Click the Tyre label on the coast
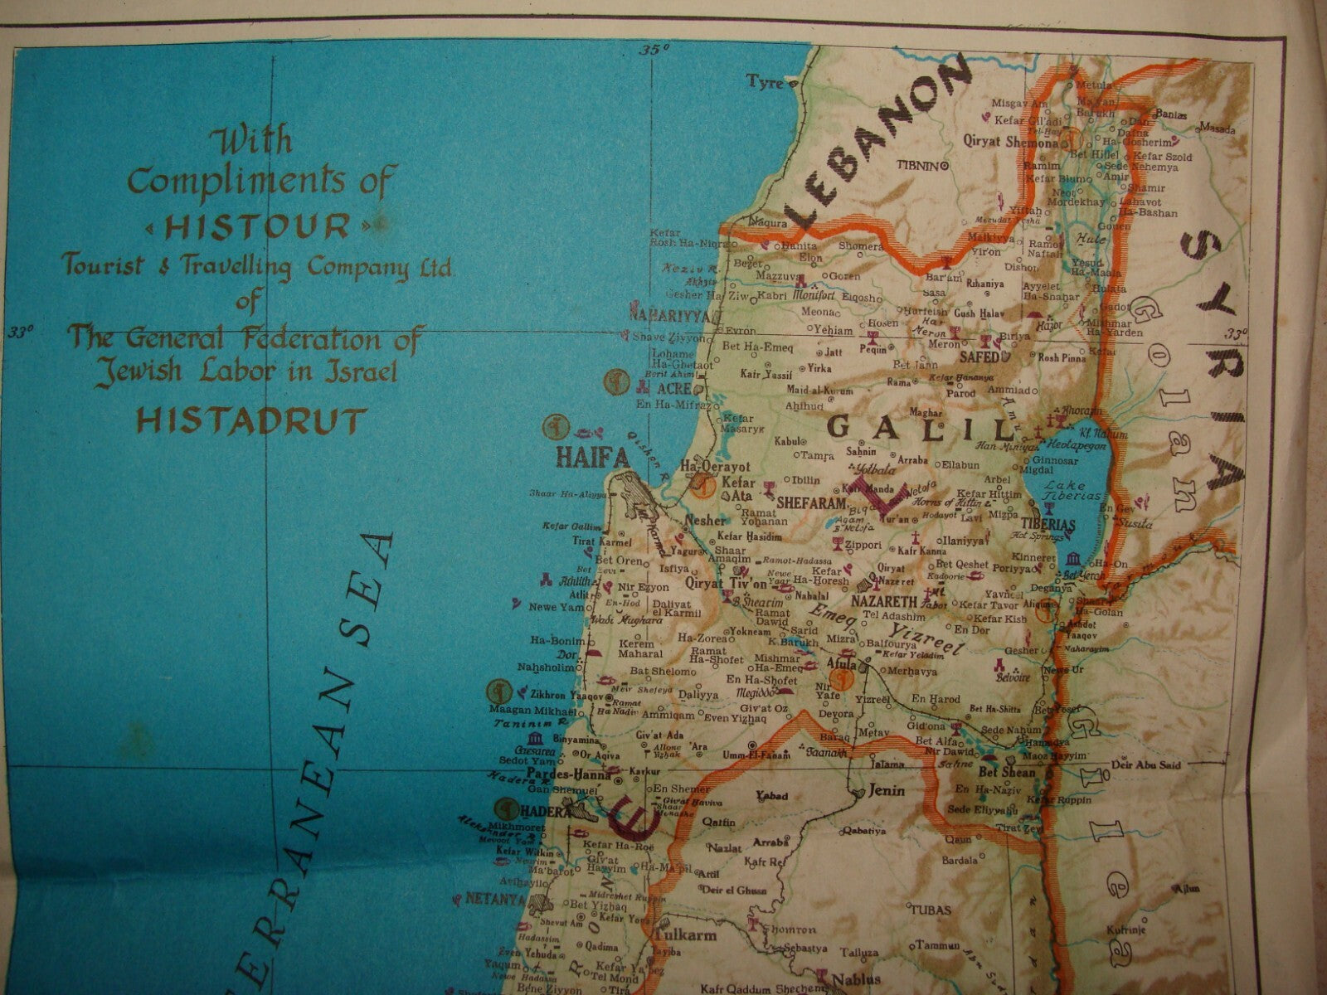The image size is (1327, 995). [766, 81]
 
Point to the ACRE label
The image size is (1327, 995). [673, 388]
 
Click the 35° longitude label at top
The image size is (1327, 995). [654, 51]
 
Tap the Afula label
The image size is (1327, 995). [839, 663]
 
